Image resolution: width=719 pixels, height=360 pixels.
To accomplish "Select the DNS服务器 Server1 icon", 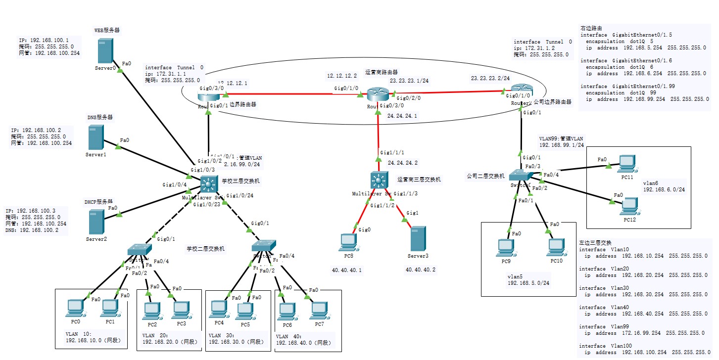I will point(96,137).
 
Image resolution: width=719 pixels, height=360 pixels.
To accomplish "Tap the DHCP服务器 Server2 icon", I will point(96,222).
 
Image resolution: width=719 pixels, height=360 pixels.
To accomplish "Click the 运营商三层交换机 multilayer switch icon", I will point(379,180).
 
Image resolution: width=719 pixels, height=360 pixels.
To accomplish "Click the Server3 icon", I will point(418,240).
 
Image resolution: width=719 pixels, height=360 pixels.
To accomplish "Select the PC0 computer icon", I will point(75,308).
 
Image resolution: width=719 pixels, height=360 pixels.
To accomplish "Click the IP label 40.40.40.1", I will point(346,270).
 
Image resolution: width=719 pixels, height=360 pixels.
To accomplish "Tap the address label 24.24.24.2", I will point(402,163).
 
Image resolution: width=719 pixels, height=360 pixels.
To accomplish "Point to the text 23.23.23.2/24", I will point(490,79).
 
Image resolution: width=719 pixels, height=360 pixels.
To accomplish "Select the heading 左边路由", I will point(591,28).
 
